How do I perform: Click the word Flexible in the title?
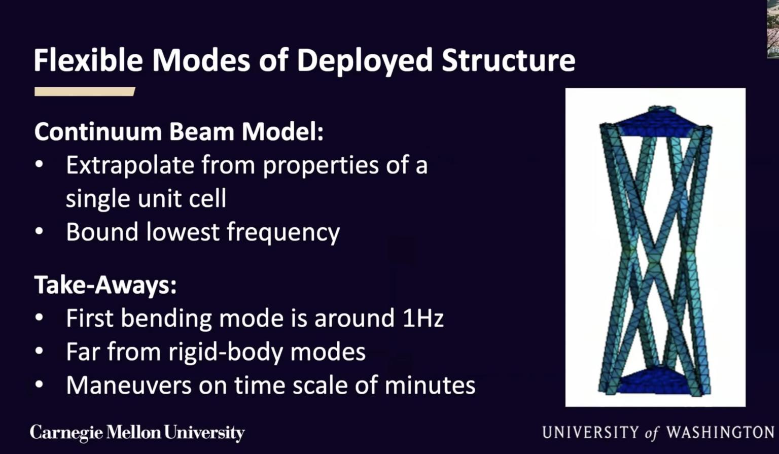pyautogui.click(x=88, y=60)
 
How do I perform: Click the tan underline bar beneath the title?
pyautogui.click(x=85, y=91)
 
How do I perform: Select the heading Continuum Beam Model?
pyautogui.click(x=179, y=132)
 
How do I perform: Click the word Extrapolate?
pyautogui.click(x=130, y=165)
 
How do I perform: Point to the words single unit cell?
pyautogui.click(x=146, y=198)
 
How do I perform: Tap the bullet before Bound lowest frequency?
pyautogui.click(x=39, y=231)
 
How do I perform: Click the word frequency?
pyautogui.click(x=283, y=232)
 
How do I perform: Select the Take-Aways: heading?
pyautogui.click(x=105, y=285)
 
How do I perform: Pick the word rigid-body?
pyautogui.click(x=226, y=352)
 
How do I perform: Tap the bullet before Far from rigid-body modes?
pyautogui.click(x=39, y=351)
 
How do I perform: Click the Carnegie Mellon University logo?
pyautogui.click(x=137, y=433)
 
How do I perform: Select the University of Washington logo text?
pyautogui.click(x=658, y=432)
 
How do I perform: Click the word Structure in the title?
pyautogui.click(x=508, y=60)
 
